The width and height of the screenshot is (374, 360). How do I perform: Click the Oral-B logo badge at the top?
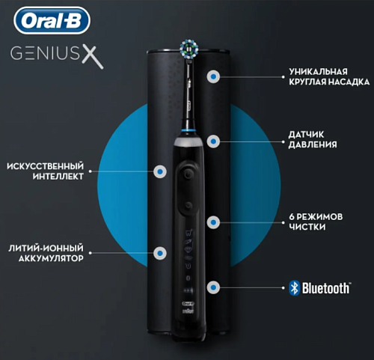tap(52, 20)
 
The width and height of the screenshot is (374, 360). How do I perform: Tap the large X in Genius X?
tap(93, 58)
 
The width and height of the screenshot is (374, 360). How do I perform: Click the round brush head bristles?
tap(189, 49)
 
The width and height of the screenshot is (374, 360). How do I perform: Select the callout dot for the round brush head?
tap(213, 76)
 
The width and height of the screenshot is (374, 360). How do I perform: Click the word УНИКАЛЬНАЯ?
tap(318, 72)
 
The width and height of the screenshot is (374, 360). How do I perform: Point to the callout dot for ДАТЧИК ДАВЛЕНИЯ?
tap(213, 141)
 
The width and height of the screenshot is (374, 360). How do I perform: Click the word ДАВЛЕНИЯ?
tap(313, 144)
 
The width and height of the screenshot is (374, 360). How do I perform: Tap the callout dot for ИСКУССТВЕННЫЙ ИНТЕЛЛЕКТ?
tap(160, 171)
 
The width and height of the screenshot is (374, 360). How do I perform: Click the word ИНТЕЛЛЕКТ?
tap(58, 177)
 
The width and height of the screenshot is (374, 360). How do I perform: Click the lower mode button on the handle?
tap(188, 205)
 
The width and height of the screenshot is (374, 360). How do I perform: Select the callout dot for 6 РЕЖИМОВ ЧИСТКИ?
tap(213, 222)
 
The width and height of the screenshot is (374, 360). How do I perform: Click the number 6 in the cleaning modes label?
tap(292, 217)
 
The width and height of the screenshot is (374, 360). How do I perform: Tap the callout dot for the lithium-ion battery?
tap(160, 253)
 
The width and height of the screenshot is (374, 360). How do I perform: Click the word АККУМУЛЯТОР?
tap(51, 258)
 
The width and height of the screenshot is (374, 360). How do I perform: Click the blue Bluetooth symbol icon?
tap(294, 288)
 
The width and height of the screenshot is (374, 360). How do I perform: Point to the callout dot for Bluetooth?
tap(213, 287)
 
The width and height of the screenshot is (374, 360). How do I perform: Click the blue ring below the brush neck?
tap(188, 130)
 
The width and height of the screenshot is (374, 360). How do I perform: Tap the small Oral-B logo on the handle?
tap(188, 304)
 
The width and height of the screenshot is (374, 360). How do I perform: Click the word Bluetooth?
tap(326, 288)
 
